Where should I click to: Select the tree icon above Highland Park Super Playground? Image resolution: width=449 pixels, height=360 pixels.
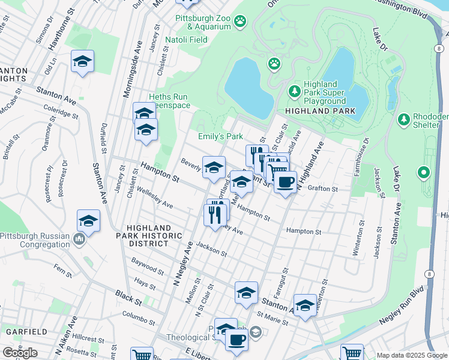294,91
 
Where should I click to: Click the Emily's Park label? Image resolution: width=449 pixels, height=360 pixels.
220,137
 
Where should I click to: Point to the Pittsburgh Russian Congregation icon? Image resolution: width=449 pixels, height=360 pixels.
79,240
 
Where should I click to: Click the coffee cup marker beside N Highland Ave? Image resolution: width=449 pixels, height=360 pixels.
285,181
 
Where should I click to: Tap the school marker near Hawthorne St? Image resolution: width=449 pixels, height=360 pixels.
83,61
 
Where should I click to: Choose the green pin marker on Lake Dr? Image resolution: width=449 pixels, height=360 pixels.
424,174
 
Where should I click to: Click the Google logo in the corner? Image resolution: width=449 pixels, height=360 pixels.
20,353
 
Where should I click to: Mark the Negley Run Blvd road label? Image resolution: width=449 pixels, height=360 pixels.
397,311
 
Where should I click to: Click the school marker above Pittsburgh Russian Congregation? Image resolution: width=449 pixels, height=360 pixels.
88,221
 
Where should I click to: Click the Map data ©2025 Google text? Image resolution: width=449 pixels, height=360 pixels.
412,355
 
